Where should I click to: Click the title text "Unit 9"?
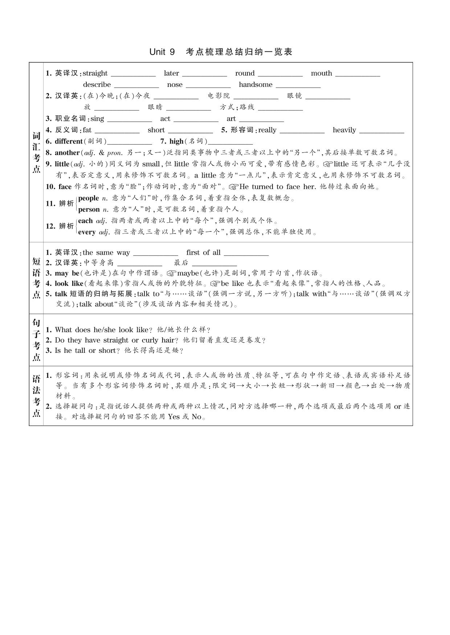point(162,52)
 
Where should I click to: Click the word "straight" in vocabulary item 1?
point(95,73)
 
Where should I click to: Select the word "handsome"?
point(255,84)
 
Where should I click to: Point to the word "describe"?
point(97,84)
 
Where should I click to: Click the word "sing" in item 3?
point(97,119)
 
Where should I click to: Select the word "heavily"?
point(344,130)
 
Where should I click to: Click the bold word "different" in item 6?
point(69,141)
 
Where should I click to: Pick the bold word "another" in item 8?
point(67,153)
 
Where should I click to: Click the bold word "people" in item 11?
point(89,198)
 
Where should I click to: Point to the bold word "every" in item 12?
point(87,232)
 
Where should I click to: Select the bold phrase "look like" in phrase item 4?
point(69,284)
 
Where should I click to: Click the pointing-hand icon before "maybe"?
point(172,273)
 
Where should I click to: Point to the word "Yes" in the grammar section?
point(174,417)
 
